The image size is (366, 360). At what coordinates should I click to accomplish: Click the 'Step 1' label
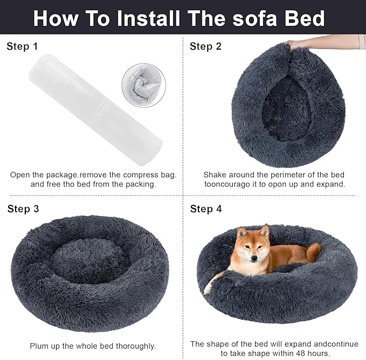tap(22, 46)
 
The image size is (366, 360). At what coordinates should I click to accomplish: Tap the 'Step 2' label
tap(205, 46)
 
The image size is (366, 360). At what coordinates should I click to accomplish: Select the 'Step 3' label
tap(23, 209)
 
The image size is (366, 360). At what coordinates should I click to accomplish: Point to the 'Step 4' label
tap(206, 209)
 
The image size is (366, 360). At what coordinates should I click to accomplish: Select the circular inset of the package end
tap(143, 85)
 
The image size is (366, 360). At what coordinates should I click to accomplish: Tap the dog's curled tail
tap(313, 251)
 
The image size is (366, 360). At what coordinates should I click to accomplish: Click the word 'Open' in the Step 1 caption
tap(20, 175)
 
